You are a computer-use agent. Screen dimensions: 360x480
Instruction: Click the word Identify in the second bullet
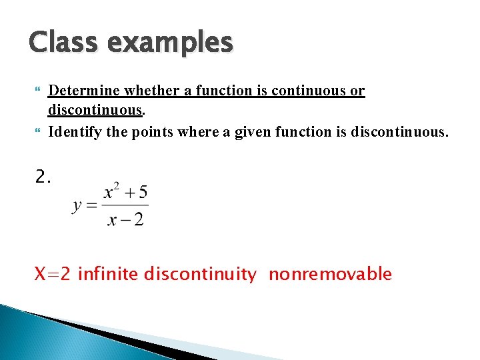75,132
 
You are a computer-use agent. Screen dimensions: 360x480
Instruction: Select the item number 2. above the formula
43,177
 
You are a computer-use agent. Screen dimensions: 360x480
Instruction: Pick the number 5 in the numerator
143,193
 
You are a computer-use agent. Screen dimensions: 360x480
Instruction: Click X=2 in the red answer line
53,274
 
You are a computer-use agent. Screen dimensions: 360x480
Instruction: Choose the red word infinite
108,274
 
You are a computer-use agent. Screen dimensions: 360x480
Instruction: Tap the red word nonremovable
330,274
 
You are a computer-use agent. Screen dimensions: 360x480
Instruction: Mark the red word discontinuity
199,274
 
